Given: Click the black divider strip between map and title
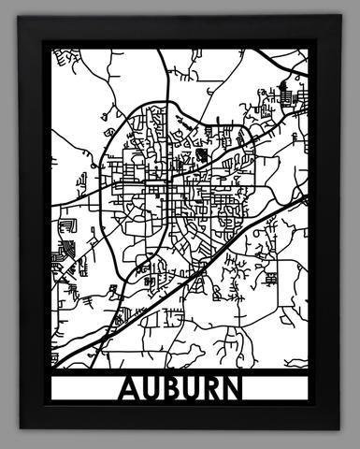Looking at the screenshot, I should click(x=180, y=369).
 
